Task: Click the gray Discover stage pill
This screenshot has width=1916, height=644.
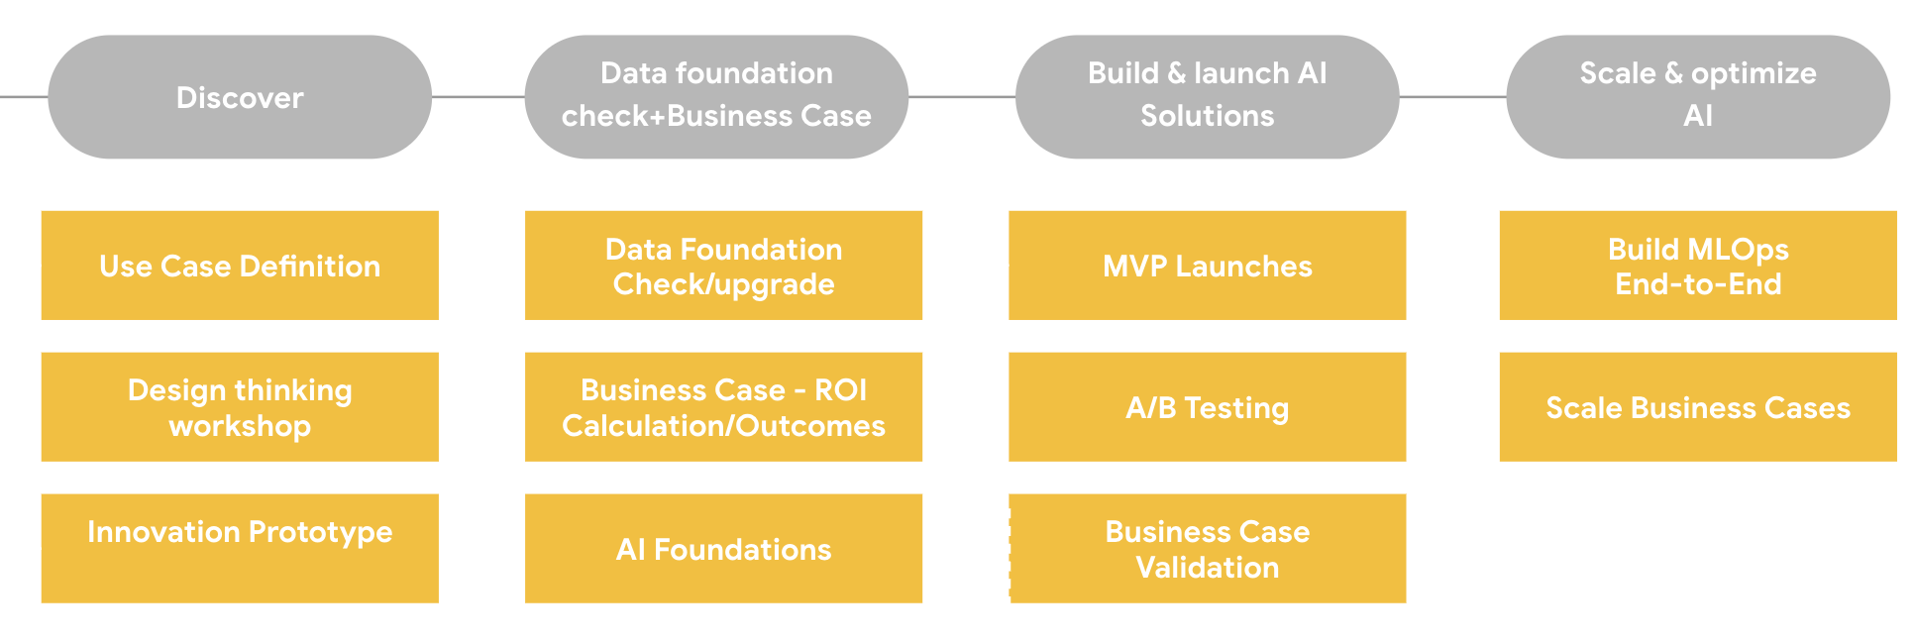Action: pyautogui.click(x=240, y=97)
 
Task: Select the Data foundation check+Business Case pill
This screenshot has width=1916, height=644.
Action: pyautogui.click(x=716, y=97)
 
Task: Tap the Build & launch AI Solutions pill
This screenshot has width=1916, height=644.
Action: pyautogui.click(x=1207, y=97)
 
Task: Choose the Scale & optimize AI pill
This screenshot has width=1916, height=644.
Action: pyautogui.click(x=1698, y=97)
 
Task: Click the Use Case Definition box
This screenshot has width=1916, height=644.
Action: pyautogui.click(x=240, y=266)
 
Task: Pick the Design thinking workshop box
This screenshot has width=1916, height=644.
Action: pyautogui.click(x=240, y=407)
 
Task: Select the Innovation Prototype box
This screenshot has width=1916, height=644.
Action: pyautogui.click(x=240, y=548)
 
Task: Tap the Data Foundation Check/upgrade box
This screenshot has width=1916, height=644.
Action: pyautogui.click(x=723, y=266)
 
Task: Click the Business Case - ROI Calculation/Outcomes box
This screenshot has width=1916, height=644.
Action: pyautogui.click(x=723, y=407)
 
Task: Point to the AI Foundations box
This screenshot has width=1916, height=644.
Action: pyautogui.click(x=723, y=549)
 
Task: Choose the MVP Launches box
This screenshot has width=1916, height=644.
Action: pyautogui.click(x=1207, y=266)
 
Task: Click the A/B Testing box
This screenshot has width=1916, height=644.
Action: pyautogui.click(x=1207, y=407)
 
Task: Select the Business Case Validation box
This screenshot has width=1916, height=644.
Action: pyautogui.click(x=1207, y=549)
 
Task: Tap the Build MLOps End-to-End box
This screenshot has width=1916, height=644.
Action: pyautogui.click(x=1698, y=266)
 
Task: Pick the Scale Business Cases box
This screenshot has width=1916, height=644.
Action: pyautogui.click(x=1698, y=407)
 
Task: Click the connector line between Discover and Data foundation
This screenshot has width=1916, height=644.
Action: pyautogui.click(x=478, y=97)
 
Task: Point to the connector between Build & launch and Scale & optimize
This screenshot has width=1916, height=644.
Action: pyautogui.click(x=1452, y=97)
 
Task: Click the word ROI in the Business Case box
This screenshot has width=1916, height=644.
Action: pyautogui.click(x=840, y=390)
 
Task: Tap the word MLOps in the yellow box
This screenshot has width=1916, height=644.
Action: pyautogui.click(x=1739, y=250)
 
